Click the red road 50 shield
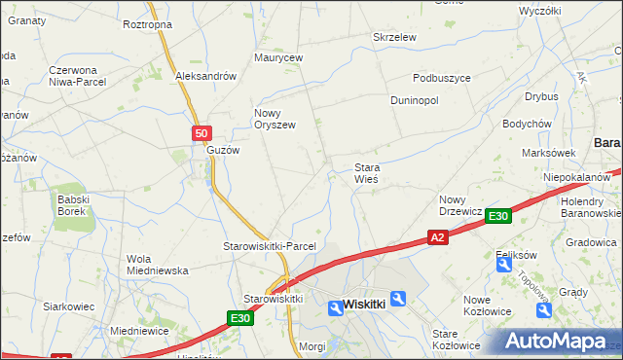(201, 134)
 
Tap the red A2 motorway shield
(437, 237)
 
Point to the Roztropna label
(148, 24)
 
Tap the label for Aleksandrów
(206, 76)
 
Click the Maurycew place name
(279, 58)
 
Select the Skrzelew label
(395, 37)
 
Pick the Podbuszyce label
(442, 79)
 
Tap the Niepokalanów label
(576, 178)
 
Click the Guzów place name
(223, 151)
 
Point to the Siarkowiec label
(68, 306)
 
